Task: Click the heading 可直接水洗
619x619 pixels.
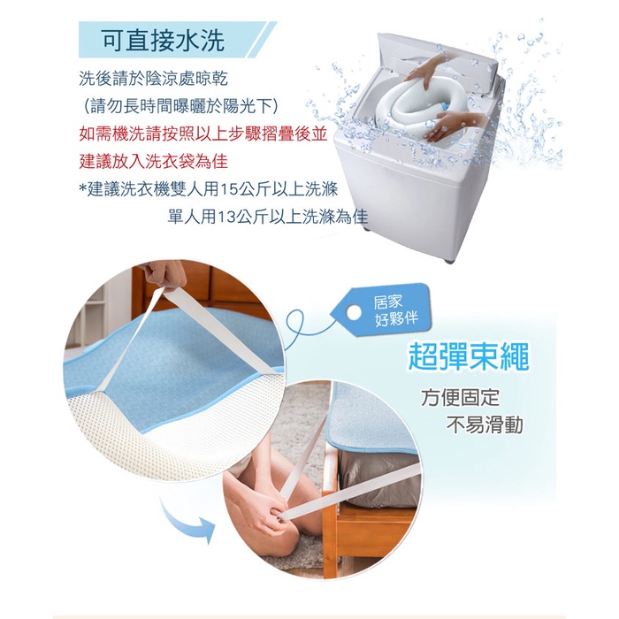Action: coord(164,41)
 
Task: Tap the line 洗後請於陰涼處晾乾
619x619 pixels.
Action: coord(154,79)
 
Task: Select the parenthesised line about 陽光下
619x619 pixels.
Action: coord(181,106)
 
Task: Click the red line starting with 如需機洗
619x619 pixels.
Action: coord(203,134)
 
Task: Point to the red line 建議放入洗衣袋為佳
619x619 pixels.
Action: coord(154,162)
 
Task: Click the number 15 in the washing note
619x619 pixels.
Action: coord(228,189)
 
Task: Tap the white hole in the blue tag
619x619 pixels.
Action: coord(354,313)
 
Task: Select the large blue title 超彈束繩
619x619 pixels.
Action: coord(468,356)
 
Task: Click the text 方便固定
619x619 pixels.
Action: coord(461,398)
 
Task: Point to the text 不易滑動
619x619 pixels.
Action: coord(485,425)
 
